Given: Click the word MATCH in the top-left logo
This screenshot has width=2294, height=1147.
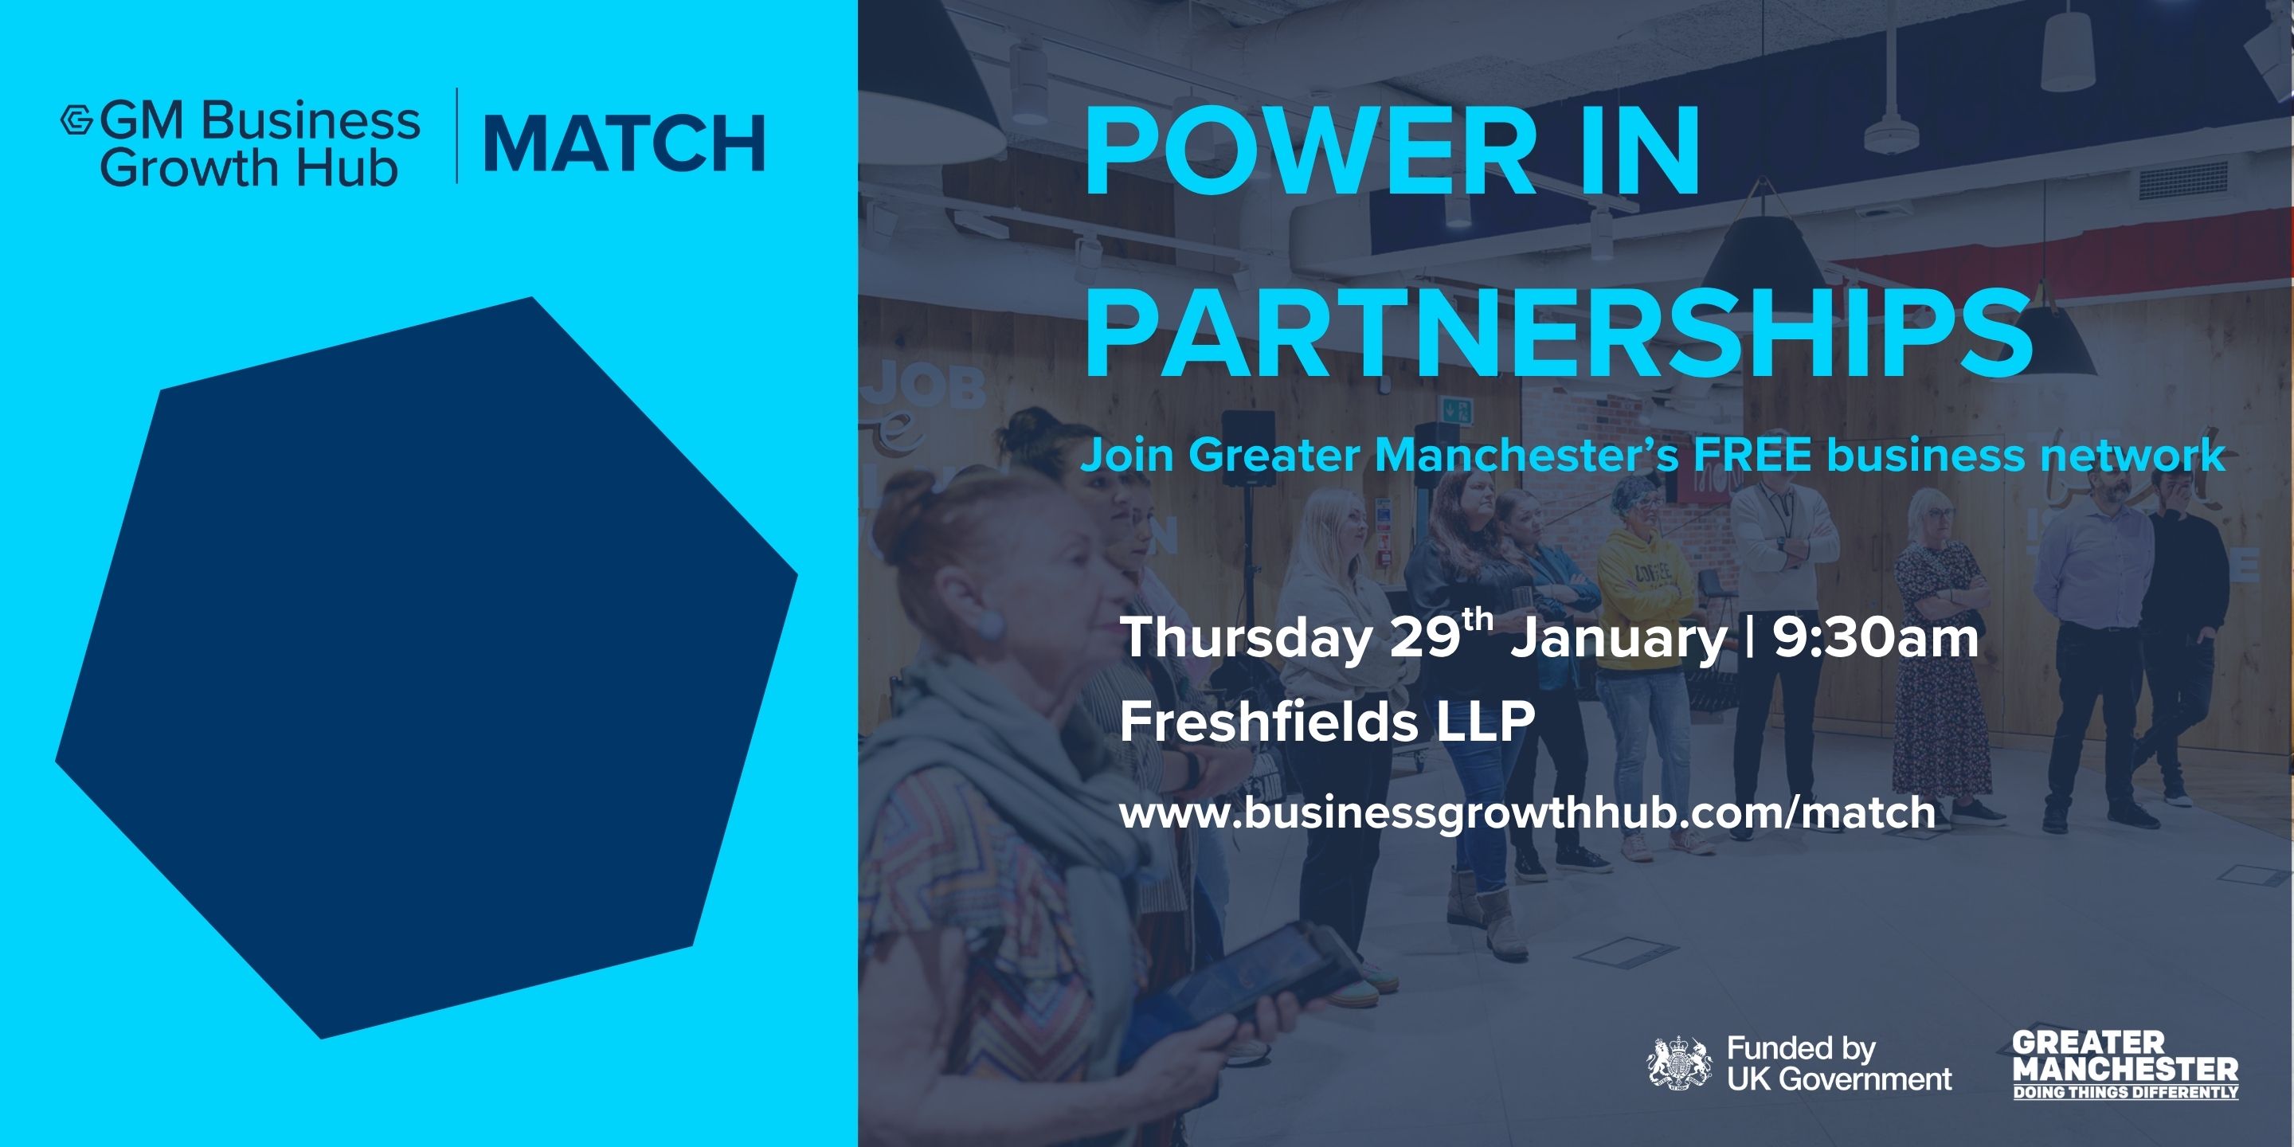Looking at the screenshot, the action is [x=624, y=143].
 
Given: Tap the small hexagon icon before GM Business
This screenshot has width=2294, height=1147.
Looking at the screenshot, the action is [x=76, y=120].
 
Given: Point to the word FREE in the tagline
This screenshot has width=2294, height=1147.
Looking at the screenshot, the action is [x=1752, y=455].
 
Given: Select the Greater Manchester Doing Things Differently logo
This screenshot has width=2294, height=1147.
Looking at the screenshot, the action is [x=2125, y=1065].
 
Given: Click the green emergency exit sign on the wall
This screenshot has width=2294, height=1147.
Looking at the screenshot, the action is [x=1458, y=410].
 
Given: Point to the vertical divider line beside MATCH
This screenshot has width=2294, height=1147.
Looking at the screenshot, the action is [x=457, y=135].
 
